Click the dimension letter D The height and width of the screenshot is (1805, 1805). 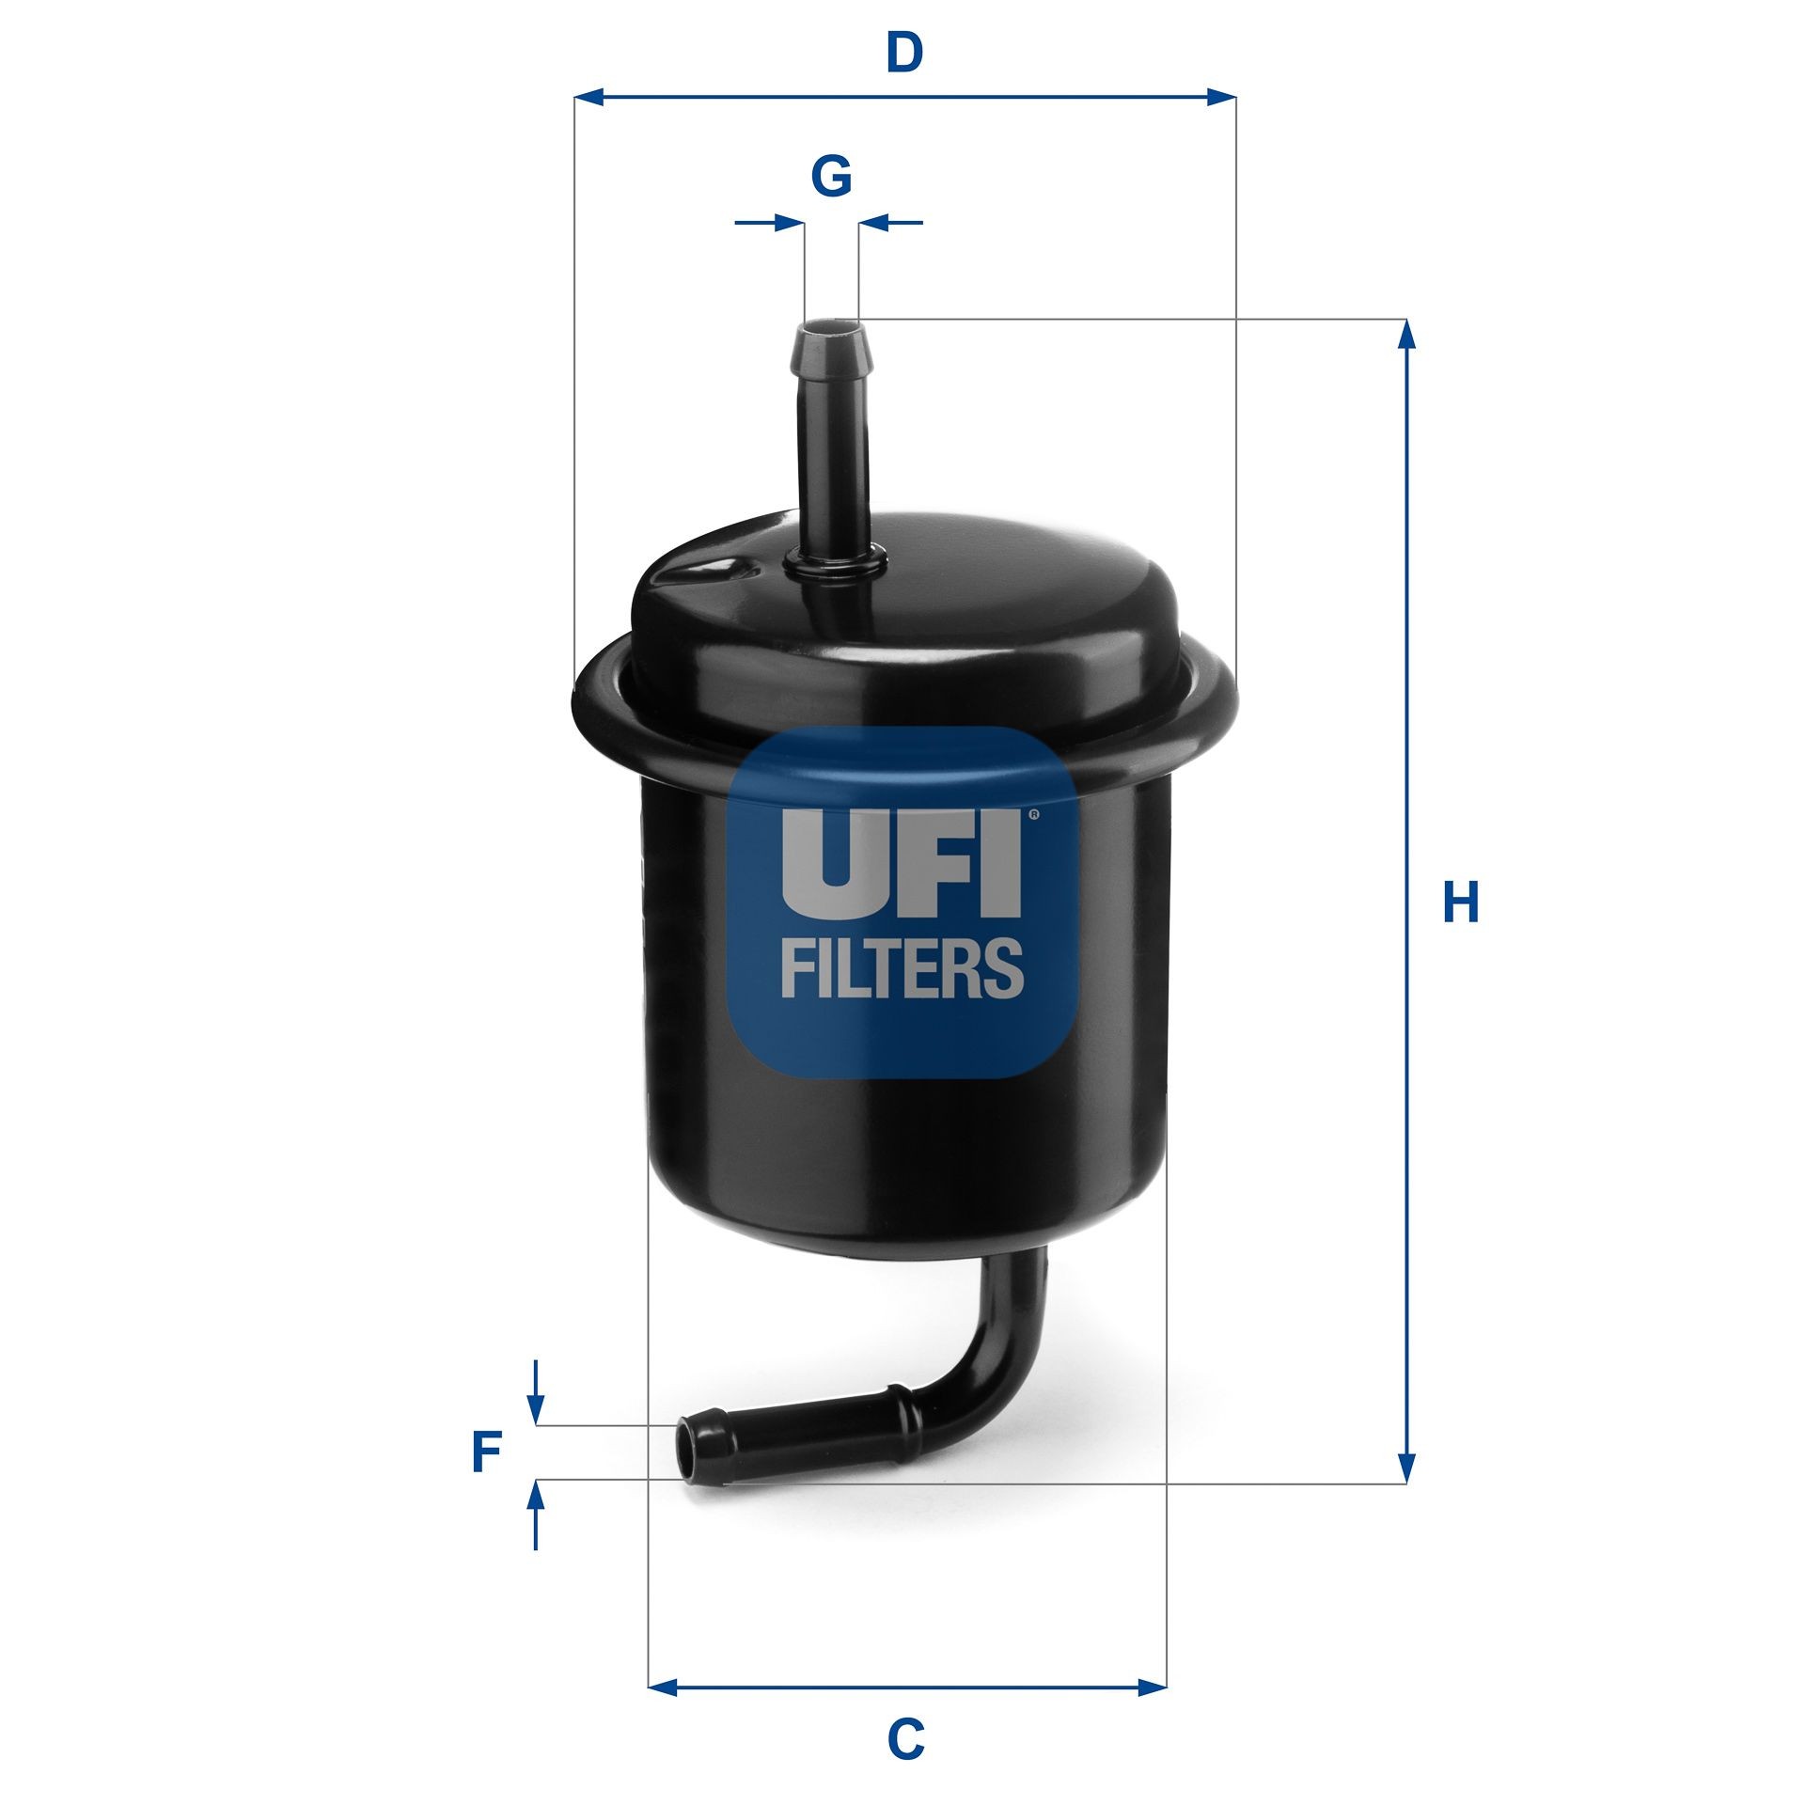click(904, 54)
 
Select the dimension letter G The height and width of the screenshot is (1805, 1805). click(831, 176)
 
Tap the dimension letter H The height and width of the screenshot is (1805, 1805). click(1461, 903)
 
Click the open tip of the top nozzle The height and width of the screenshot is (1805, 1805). click(831, 330)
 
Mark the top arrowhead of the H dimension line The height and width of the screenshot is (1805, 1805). click(1406, 335)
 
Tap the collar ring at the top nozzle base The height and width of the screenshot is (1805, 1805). click(835, 563)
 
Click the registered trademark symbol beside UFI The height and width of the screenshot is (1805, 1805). click(1034, 815)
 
